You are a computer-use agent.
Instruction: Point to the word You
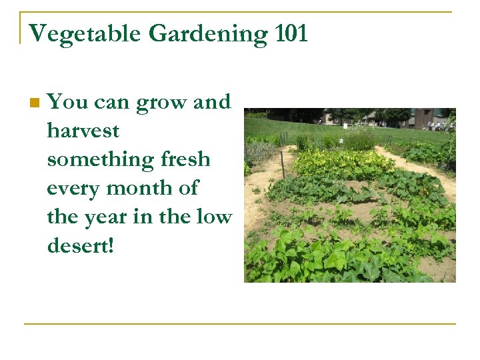67,102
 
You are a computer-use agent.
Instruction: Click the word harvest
83,131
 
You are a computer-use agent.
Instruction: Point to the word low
215,217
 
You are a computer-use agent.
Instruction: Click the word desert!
81,245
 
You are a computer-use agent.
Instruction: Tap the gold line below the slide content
240,324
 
